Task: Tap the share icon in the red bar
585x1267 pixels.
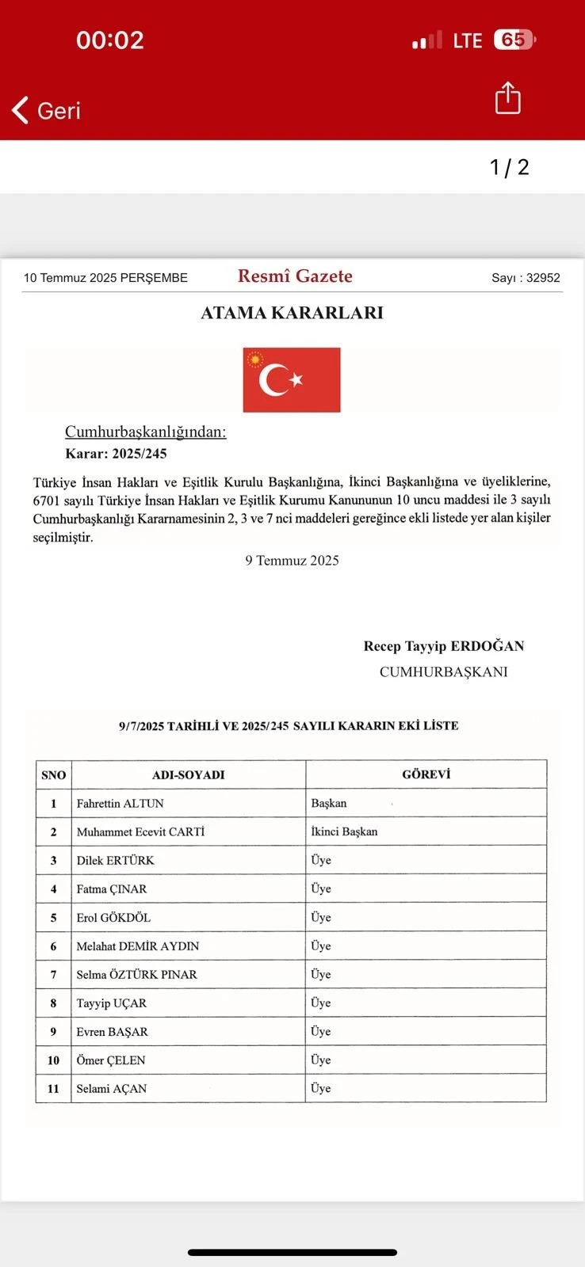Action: tap(507, 98)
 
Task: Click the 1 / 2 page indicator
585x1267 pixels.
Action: tap(509, 167)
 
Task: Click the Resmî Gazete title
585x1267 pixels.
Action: tap(295, 276)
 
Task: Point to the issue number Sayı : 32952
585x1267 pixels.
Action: tap(526, 278)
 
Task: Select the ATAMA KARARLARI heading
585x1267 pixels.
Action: tap(292, 313)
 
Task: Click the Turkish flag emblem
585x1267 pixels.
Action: tap(292, 380)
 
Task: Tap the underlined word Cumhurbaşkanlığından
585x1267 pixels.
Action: tap(146, 432)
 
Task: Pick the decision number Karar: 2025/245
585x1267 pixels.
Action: tap(116, 454)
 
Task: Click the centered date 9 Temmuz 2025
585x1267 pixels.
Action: tap(292, 561)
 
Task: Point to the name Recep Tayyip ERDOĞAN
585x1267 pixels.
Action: tap(444, 646)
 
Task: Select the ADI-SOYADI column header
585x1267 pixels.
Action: tap(189, 774)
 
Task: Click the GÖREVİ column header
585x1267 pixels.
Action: tap(426, 774)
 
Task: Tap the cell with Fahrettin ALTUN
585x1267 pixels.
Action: tap(120, 803)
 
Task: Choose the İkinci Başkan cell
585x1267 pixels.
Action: tap(344, 831)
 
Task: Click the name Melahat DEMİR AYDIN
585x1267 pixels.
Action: tap(138, 946)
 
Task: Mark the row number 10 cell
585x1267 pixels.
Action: tap(53, 1060)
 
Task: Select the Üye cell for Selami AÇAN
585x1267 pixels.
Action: tap(321, 1089)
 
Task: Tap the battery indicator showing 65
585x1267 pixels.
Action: tap(514, 40)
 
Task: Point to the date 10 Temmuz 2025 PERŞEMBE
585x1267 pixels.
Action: tap(105, 278)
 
